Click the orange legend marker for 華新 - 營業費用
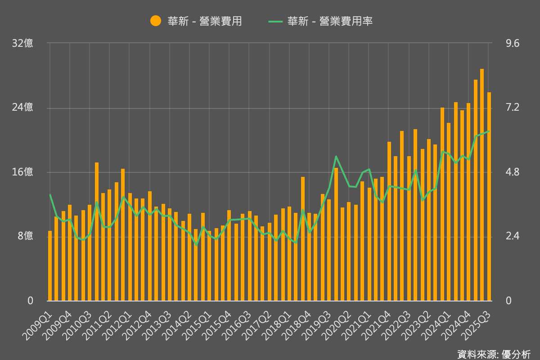pos(156,21)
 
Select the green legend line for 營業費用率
pos(275,21)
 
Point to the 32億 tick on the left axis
pos(23,44)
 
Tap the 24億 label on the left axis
pos(23,108)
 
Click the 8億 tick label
pos(25,236)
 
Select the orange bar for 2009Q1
pos(50,265)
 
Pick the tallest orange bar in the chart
pos(482,184)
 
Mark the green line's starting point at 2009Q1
pos(50,195)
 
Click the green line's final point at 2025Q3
pos(489,131)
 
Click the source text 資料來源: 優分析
pos(494,354)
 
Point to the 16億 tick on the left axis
pos(23,172)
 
